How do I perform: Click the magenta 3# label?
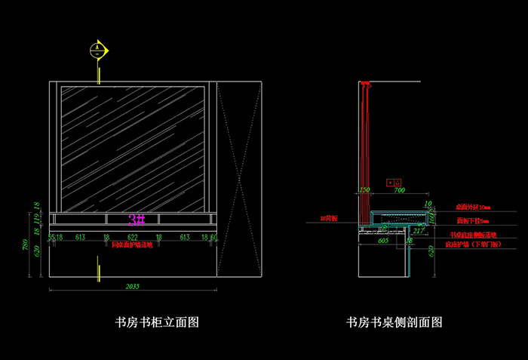(x=137, y=220)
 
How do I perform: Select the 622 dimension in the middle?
(x=132, y=237)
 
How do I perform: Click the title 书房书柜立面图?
(x=156, y=322)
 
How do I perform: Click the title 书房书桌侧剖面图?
(x=394, y=322)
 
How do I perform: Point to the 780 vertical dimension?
(x=26, y=245)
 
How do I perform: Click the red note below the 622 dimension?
(x=132, y=245)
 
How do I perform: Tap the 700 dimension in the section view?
(x=399, y=190)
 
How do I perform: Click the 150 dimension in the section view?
(x=365, y=190)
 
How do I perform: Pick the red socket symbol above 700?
(x=391, y=182)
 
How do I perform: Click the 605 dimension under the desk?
(x=382, y=240)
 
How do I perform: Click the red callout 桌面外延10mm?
(x=473, y=207)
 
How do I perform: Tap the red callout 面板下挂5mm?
(x=473, y=221)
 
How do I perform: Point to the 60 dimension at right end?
(x=214, y=237)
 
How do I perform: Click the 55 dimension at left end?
(x=51, y=237)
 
